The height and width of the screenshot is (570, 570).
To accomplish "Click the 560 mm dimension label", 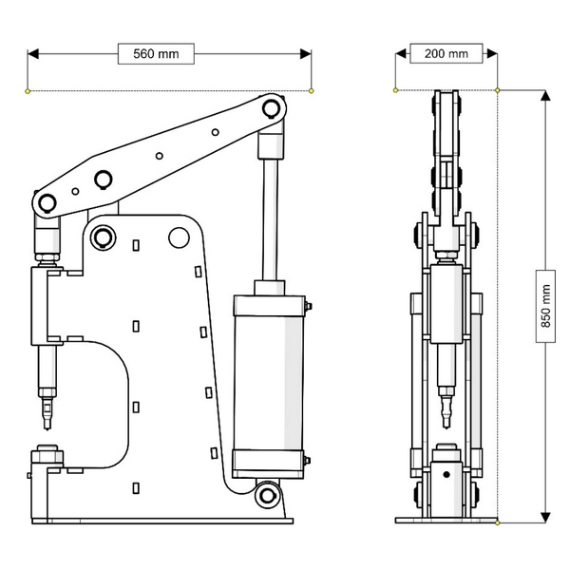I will pyautogui.click(x=156, y=53).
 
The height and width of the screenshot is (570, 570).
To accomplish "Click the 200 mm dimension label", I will pyautogui.click(x=446, y=53).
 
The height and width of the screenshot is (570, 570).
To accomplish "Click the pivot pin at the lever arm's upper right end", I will pyautogui.click(x=272, y=107).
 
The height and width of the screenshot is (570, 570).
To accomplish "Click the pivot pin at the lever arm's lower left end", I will pyautogui.click(x=46, y=203).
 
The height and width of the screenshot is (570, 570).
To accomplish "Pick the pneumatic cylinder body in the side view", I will pyautogui.click(x=268, y=385).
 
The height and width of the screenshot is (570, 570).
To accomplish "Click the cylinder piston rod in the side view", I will pyautogui.click(x=269, y=218).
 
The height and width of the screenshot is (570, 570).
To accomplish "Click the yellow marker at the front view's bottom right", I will pyautogui.click(x=498, y=522).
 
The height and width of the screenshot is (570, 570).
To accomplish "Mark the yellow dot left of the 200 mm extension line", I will pyautogui.click(x=395, y=90).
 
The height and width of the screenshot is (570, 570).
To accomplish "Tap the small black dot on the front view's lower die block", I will pyautogui.click(x=445, y=473).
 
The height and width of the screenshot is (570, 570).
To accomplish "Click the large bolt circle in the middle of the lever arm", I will pyautogui.click(x=103, y=180).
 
